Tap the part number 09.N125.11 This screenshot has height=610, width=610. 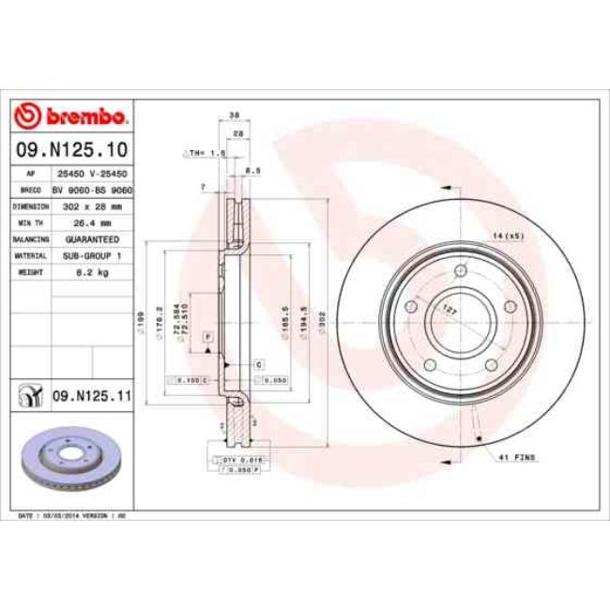[x=90, y=397]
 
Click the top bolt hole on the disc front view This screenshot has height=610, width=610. [x=460, y=272]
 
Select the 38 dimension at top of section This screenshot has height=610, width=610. [x=235, y=115]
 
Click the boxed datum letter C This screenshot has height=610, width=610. [x=257, y=362]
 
